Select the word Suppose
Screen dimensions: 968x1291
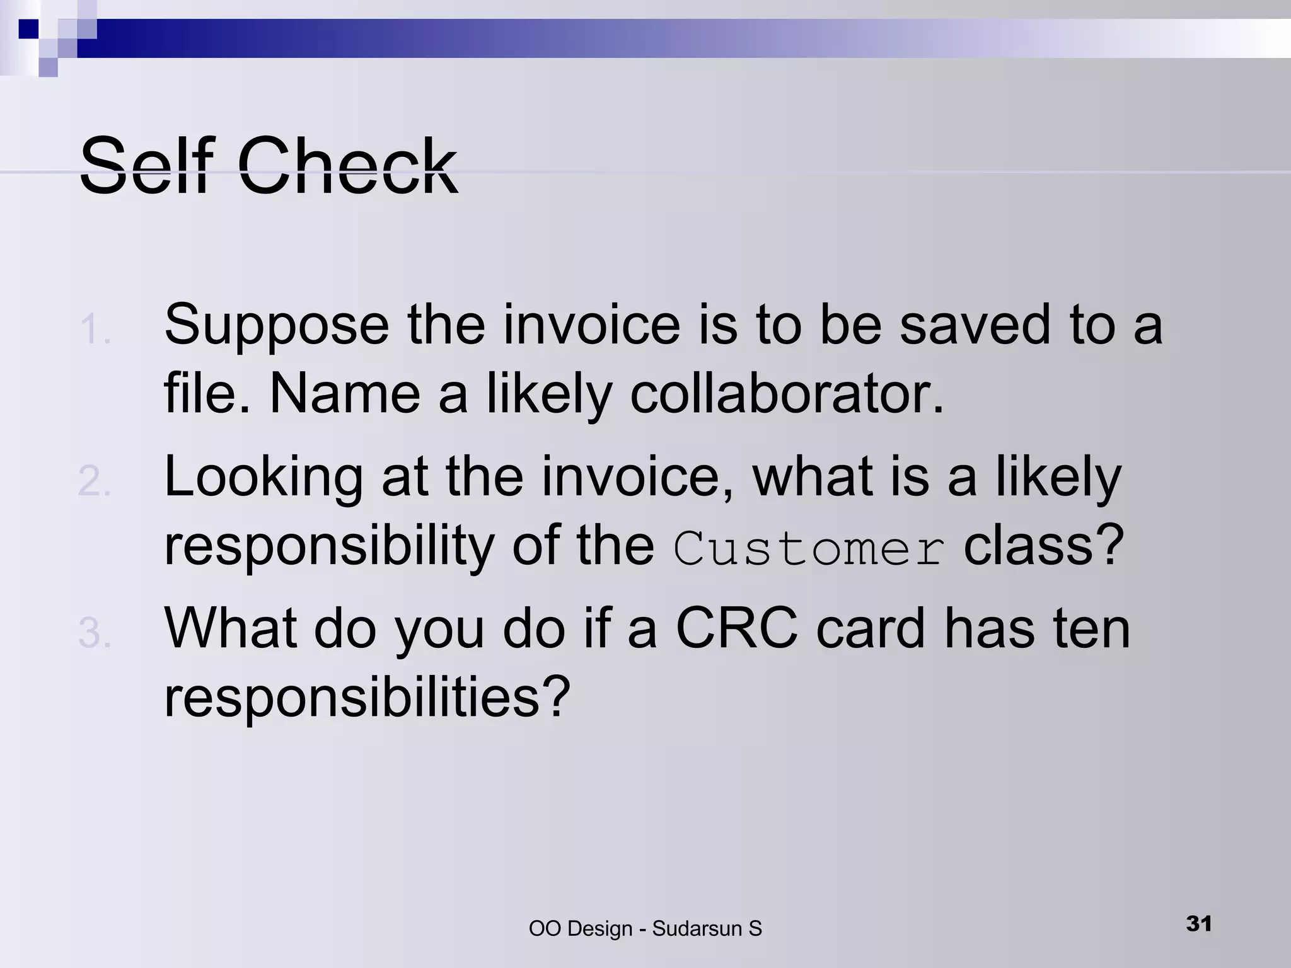tap(277, 326)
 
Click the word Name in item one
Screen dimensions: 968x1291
tap(345, 394)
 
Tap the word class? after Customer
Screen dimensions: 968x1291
tap(1044, 546)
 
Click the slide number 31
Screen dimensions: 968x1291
tap(1198, 924)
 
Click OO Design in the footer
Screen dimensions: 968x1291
tap(580, 929)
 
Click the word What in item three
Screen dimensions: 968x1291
tap(231, 629)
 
